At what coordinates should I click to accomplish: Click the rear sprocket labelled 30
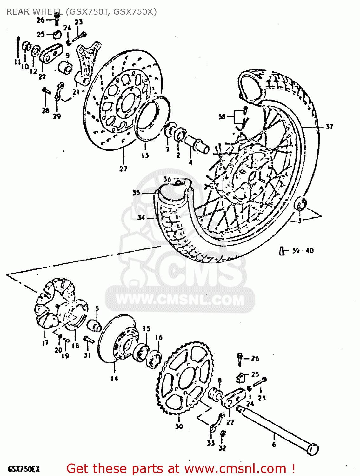tap(184, 378)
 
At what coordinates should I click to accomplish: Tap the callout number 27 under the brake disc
tap(123, 169)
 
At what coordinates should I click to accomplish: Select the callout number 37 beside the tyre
tap(329, 127)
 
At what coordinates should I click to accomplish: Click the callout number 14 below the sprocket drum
tap(114, 378)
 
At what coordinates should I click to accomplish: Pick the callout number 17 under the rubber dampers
tap(45, 342)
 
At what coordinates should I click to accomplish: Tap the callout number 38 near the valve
tap(222, 116)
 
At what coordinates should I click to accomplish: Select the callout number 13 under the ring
tap(145, 155)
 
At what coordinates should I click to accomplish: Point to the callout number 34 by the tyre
tap(141, 217)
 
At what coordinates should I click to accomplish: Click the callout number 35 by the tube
tap(136, 193)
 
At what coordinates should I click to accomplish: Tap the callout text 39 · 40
tap(303, 251)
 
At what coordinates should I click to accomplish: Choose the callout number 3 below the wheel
tap(299, 221)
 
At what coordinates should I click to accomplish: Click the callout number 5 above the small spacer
tap(97, 308)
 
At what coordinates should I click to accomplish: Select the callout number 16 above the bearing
tap(159, 337)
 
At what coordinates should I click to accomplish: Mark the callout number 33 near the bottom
tap(211, 443)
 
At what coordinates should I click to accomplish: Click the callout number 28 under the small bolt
tap(45, 110)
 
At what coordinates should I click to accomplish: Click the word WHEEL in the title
tap(48, 12)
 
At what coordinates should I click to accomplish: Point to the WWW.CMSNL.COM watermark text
tap(180, 300)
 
